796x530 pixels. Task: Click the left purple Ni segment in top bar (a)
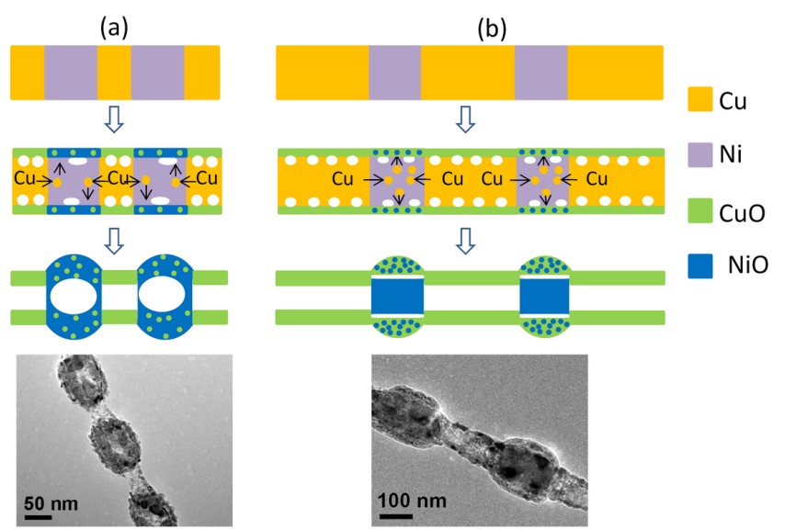click(x=70, y=73)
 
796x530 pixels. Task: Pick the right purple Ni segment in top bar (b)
click(x=540, y=73)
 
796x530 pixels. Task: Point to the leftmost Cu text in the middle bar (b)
click(x=344, y=177)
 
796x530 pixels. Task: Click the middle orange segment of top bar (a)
click(x=114, y=73)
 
